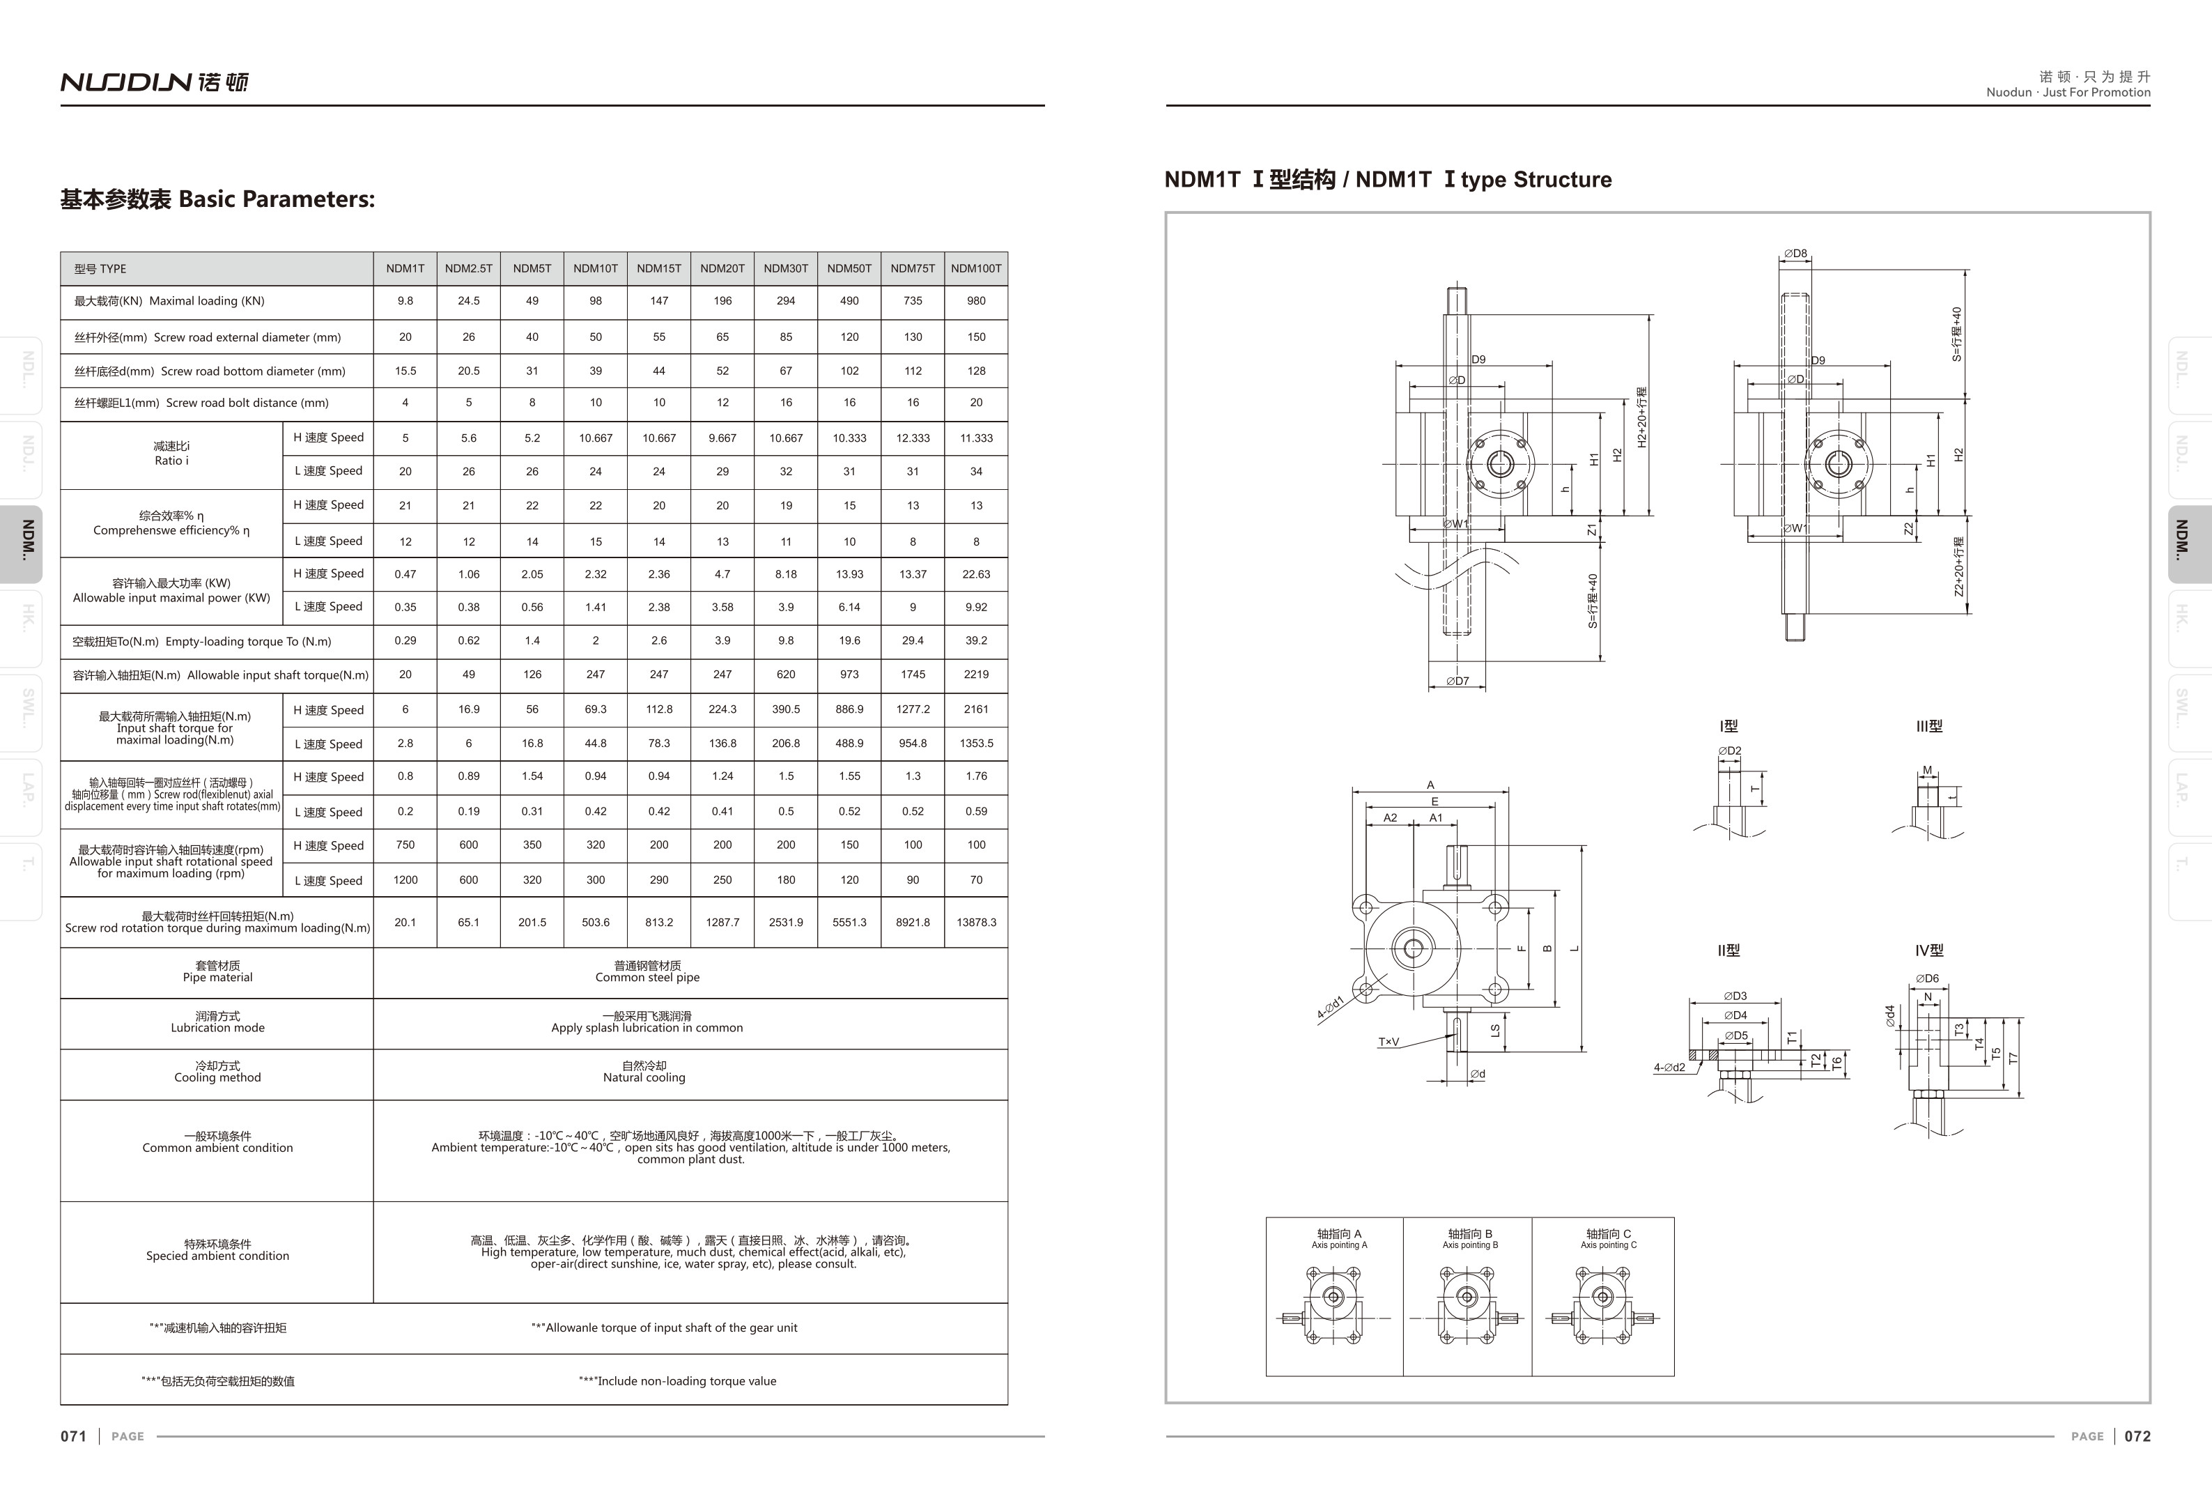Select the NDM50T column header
click(x=849, y=268)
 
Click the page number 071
click(x=73, y=1436)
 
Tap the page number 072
click(x=2137, y=1436)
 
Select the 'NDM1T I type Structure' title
click(x=1388, y=180)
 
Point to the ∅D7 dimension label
click(x=1457, y=681)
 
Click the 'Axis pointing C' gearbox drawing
click(x=1604, y=1305)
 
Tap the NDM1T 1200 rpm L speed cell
click(x=405, y=879)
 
